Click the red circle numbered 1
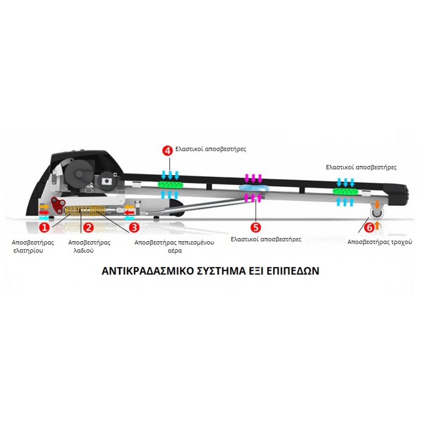click(x=45, y=227)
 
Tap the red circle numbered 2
click(x=88, y=227)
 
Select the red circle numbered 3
click(x=134, y=227)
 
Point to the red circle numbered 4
click(x=168, y=150)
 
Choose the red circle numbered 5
click(x=256, y=227)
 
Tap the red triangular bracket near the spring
click(x=58, y=205)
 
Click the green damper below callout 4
click(x=170, y=185)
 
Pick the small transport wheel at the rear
click(x=377, y=213)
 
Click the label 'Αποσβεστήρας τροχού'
click(x=380, y=242)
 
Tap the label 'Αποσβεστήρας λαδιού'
click(x=89, y=246)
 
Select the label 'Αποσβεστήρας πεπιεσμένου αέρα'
click(x=174, y=246)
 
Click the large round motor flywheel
click(x=79, y=171)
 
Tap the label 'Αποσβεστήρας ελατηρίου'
click(x=33, y=246)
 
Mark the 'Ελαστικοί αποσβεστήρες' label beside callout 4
click(x=211, y=149)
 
